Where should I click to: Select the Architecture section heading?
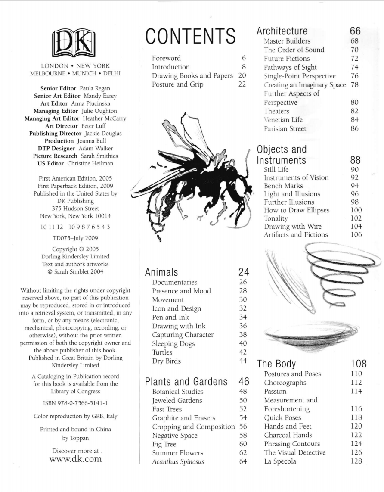[282, 31]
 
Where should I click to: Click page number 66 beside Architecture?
[355, 31]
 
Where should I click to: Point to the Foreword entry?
[166, 58]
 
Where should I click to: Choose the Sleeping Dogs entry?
[173, 343]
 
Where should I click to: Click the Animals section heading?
[161, 272]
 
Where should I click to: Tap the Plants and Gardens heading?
[186, 381]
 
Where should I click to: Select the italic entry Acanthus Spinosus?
[178, 462]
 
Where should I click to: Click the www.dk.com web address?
[76, 459]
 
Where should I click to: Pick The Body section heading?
[276, 364]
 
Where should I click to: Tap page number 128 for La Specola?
[356, 461]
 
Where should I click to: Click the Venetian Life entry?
[283, 120]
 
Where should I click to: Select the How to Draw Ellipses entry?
[297, 210]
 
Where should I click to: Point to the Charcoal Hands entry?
[288, 435]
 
